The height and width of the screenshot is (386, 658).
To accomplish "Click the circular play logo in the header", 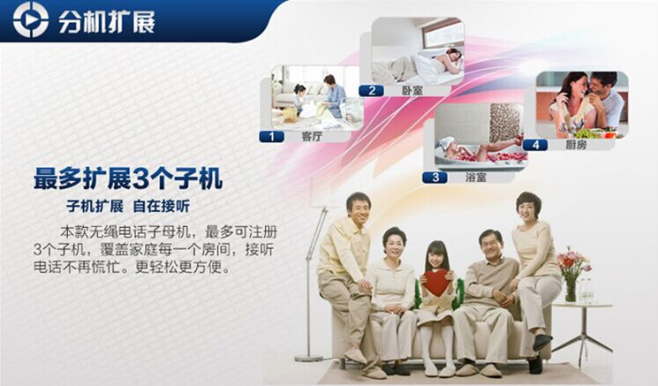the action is tap(31, 19).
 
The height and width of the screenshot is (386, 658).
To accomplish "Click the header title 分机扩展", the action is tap(107, 20).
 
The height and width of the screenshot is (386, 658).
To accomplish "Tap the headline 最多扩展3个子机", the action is tap(128, 178).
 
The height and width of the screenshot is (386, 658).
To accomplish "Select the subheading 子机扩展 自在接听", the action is tap(128, 207).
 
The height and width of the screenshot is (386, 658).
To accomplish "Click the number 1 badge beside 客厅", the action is tap(271, 136).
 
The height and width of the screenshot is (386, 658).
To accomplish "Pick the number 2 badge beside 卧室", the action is tap(371, 90).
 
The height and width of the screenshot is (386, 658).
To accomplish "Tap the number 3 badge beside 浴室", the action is tap(435, 178).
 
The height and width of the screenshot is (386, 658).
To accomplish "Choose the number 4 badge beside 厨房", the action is tap(535, 145).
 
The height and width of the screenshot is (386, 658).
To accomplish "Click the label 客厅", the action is tap(312, 136).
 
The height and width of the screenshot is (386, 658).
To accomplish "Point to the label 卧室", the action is tap(412, 90).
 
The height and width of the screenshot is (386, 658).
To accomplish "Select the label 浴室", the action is tap(475, 178).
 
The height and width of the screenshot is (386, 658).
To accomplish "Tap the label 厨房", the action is tap(576, 145).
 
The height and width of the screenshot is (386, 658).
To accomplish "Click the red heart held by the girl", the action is tap(436, 282).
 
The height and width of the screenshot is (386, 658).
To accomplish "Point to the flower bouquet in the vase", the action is tap(572, 262).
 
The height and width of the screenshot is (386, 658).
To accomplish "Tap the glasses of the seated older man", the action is tap(492, 245).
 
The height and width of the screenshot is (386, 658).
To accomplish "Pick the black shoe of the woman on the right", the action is tap(541, 341).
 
